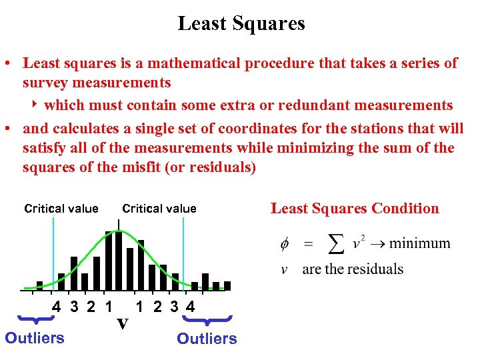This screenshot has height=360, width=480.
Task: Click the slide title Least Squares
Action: pyautogui.click(x=241, y=24)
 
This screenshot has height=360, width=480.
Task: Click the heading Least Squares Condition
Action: pyautogui.click(x=355, y=209)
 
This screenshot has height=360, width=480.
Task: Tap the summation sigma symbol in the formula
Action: pyautogui.click(x=337, y=244)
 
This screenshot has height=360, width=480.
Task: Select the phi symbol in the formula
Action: pyautogui.click(x=284, y=244)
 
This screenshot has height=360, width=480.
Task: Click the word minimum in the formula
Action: pyautogui.click(x=419, y=243)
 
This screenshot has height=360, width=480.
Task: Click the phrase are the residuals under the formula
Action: pyautogui.click(x=353, y=269)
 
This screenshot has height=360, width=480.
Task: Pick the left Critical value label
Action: pyautogui.click(x=61, y=209)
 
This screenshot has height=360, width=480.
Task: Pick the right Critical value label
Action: pyautogui.click(x=159, y=209)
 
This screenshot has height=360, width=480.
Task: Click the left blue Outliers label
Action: pyautogui.click(x=35, y=338)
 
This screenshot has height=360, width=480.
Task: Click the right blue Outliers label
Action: pyautogui.click(x=207, y=339)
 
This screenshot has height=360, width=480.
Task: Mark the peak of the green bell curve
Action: pyautogui.click(x=119, y=231)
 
